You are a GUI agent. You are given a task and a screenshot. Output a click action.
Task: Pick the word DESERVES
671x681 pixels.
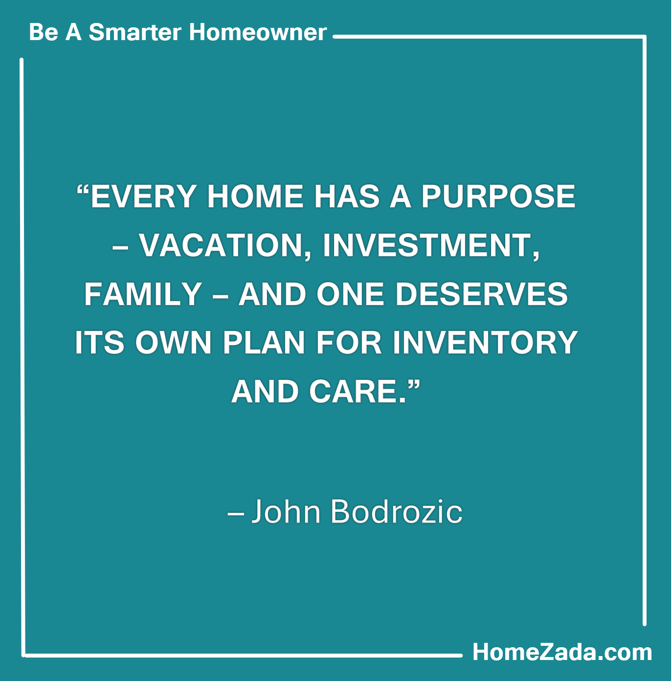pyautogui.click(x=482, y=294)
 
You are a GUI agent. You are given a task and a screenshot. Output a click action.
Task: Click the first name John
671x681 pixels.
pyautogui.click(x=286, y=512)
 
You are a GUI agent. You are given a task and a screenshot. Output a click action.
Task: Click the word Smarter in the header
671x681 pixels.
pyautogui.click(x=135, y=32)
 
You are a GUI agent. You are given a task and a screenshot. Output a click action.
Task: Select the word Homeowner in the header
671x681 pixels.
pyautogui.click(x=258, y=32)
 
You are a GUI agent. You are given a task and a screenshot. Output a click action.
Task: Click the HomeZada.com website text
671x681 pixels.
pyautogui.click(x=562, y=652)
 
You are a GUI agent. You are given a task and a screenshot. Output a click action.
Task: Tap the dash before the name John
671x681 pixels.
pyautogui.click(x=236, y=513)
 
